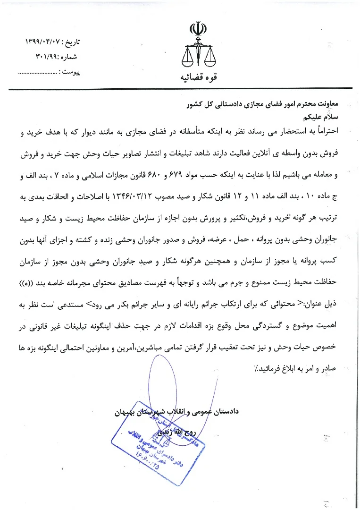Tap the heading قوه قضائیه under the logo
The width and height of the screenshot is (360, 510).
click(x=197, y=77)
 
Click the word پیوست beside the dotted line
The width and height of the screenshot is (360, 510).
click(x=71, y=72)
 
